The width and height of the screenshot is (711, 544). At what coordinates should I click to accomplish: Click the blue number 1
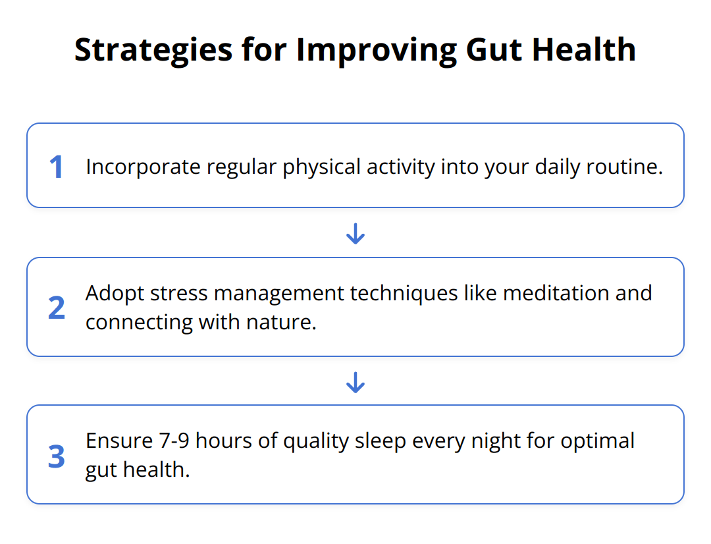point(57,167)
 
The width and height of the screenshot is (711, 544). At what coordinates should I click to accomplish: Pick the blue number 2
point(57,308)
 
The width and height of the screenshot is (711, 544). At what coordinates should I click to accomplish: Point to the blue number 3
point(57,456)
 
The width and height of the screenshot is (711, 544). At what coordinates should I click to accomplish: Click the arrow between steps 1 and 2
point(355,233)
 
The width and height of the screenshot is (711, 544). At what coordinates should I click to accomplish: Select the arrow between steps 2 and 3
point(355,382)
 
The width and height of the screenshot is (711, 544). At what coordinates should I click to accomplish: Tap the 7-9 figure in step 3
point(172,441)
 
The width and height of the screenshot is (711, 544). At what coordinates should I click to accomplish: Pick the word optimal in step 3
point(598,441)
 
